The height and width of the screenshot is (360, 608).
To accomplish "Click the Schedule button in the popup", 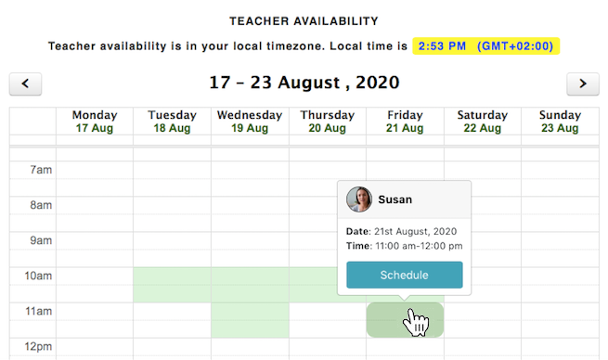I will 404,276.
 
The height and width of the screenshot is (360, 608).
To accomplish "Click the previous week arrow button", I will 25,84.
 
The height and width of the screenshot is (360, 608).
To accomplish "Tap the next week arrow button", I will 582,84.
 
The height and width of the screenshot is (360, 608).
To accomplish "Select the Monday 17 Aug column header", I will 95,121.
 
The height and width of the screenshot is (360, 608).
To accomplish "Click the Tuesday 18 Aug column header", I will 172,121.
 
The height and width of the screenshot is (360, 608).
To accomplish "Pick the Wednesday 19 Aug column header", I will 250,121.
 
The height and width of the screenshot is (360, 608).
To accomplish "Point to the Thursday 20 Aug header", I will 328,121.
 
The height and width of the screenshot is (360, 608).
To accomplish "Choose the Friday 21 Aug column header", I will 405,121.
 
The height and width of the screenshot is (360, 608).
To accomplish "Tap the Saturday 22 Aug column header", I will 483,121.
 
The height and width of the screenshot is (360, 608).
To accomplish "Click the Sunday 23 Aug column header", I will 560,121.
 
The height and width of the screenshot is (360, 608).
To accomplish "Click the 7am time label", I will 40,171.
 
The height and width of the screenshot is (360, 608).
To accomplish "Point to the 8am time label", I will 40,206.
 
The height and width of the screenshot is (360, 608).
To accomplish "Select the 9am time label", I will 40,241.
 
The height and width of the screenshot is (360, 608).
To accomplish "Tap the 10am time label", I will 37,276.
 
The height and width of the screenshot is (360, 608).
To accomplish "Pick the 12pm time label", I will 37,347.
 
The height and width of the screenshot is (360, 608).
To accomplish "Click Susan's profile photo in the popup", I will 359,199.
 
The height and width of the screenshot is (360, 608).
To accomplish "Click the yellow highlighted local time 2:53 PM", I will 487,45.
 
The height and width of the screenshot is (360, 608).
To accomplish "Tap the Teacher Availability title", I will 304,20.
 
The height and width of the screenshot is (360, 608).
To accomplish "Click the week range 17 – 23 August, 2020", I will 304,83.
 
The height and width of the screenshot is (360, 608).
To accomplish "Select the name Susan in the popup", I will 395,199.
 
